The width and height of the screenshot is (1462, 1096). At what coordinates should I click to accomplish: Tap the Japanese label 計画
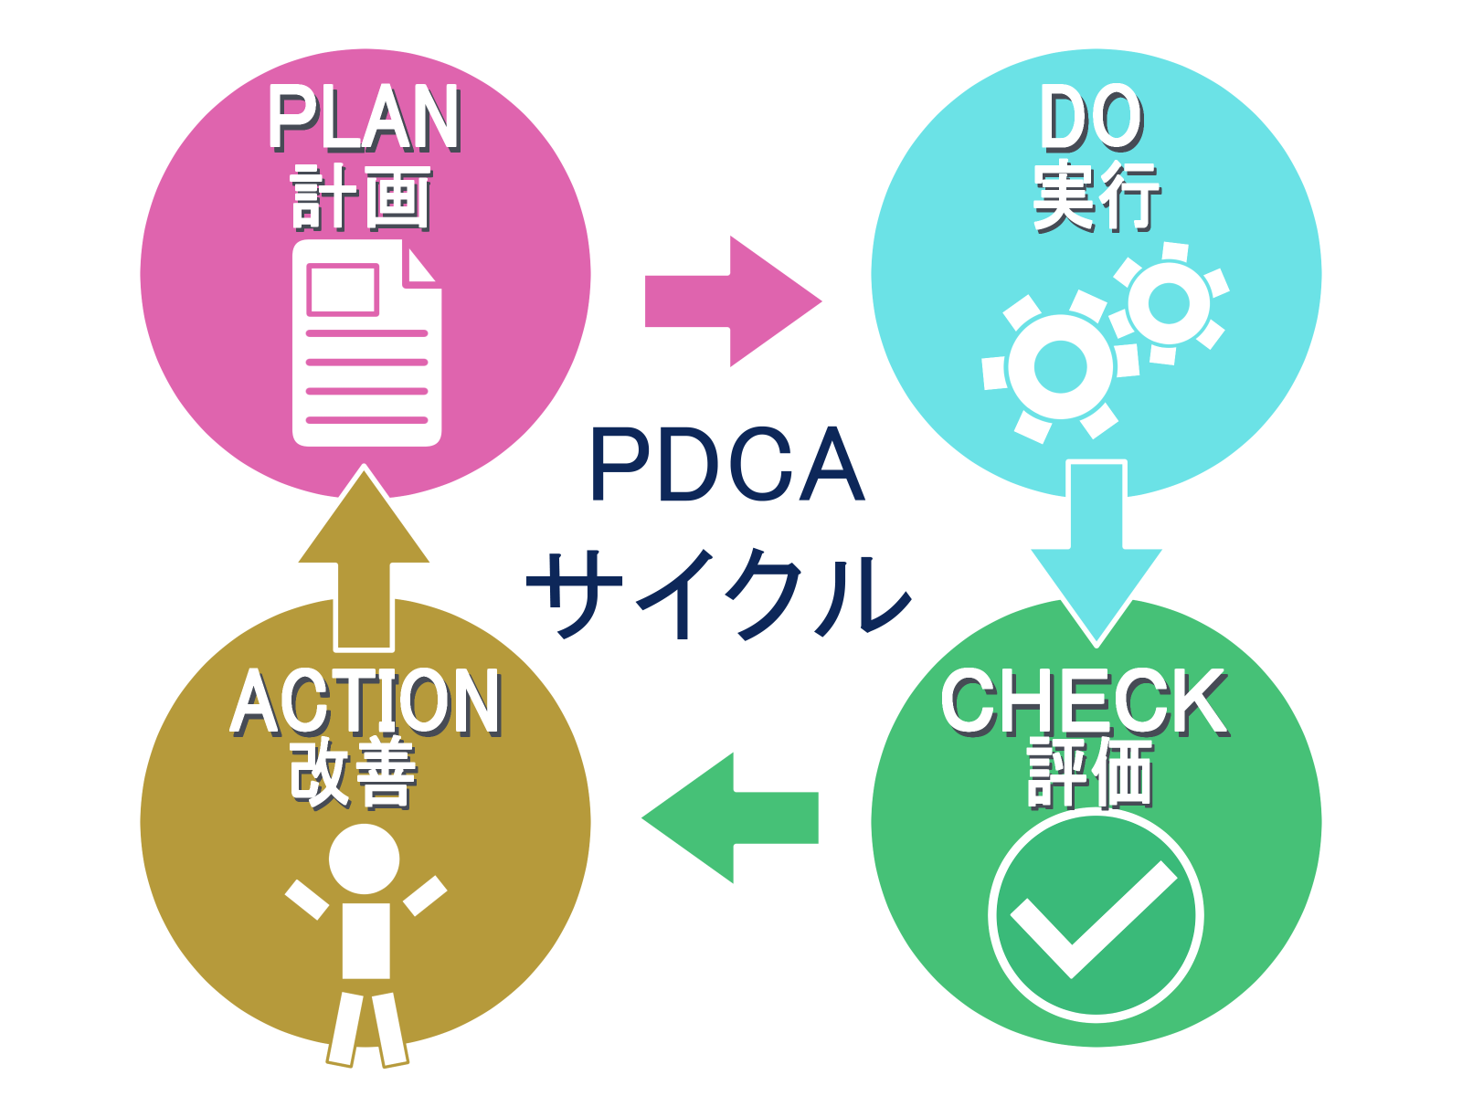click(x=361, y=197)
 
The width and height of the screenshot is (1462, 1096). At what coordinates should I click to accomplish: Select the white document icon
click(x=366, y=342)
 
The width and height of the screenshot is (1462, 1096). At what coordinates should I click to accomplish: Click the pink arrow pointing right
click(x=734, y=300)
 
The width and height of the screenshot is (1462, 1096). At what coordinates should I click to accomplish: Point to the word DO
click(x=1092, y=118)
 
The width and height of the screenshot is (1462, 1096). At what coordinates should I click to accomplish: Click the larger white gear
click(x=1060, y=367)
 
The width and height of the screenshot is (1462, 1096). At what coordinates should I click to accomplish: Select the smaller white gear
click(x=1170, y=303)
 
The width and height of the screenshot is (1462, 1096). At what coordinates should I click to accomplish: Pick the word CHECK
click(x=1085, y=702)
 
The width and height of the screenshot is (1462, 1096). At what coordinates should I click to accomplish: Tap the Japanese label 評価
click(x=1090, y=774)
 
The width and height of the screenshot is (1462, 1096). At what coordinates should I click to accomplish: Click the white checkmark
click(x=1094, y=921)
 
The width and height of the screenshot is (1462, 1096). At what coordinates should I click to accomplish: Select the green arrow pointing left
click(x=729, y=817)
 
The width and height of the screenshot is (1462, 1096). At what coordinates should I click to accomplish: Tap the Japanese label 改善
click(x=354, y=774)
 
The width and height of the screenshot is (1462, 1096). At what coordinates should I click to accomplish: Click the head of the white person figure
click(x=365, y=859)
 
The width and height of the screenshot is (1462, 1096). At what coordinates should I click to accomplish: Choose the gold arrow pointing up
click(x=364, y=558)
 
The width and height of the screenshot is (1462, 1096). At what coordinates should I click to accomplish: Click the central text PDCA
click(x=728, y=465)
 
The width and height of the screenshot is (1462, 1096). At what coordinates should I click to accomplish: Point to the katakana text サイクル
click(x=719, y=594)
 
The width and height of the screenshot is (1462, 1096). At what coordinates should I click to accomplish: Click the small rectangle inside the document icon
click(x=343, y=290)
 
